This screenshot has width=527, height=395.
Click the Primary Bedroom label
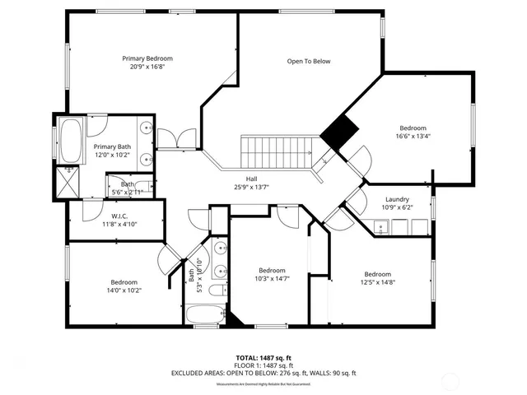click(147, 58)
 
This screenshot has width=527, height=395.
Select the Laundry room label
click(397, 199)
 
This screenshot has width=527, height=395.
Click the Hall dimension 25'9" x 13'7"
click(251, 187)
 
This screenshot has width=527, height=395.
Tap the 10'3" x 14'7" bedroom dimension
click(272, 278)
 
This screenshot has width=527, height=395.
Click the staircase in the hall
click(277, 151)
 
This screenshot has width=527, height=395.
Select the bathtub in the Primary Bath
click(72, 142)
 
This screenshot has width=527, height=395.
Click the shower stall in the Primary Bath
click(67, 180)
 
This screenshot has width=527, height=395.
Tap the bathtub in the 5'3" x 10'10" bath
click(203, 314)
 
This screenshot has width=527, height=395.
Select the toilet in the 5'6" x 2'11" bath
click(142, 187)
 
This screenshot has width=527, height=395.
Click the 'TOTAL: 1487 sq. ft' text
click(263, 358)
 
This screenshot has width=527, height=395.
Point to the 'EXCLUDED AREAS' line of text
click(263, 373)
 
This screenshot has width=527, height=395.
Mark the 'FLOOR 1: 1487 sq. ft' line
click(263, 365)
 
